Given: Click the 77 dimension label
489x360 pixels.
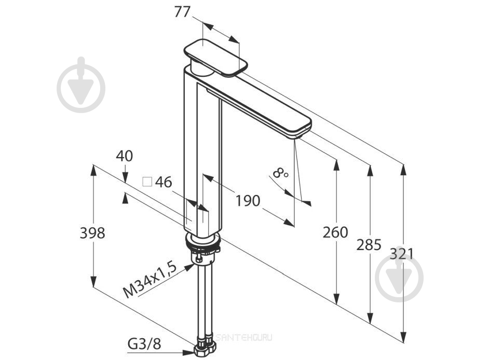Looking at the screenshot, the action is (x=182, y=12).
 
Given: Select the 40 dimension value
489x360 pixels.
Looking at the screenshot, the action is (x=124, y=156).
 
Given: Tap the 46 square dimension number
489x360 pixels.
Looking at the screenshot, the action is (x=164, y=182).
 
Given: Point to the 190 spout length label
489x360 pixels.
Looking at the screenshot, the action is (x=248, y=201).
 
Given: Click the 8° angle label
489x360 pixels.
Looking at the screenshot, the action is (x=280, y=172).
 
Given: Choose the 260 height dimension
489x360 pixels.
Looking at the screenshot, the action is (x=335, y=232).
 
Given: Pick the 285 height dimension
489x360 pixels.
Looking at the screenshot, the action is (x=369, y=245).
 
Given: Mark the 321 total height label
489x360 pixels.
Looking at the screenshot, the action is (x=401, y=254).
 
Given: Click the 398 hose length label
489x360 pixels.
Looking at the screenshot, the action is (x=92, y=233).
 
